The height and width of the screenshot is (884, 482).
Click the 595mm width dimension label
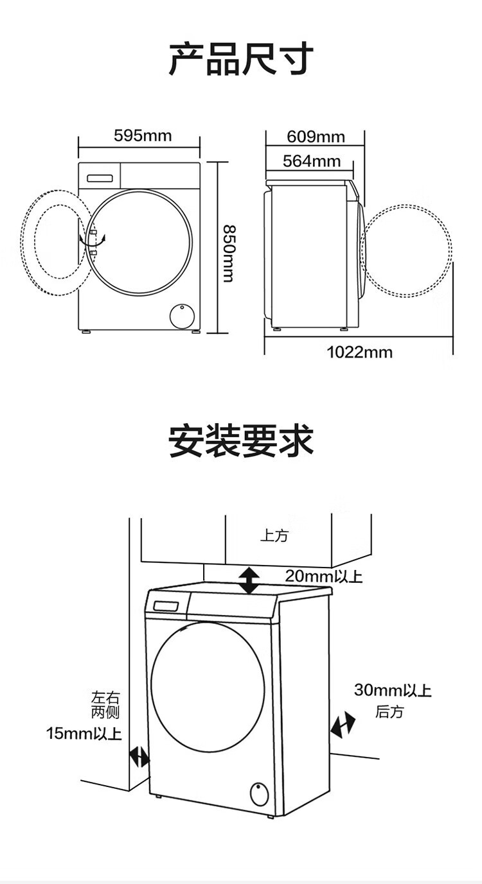143,135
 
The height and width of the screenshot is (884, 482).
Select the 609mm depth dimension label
316,137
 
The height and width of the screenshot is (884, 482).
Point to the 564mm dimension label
311,161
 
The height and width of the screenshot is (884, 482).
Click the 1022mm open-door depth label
359,352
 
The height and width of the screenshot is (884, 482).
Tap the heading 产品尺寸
241,60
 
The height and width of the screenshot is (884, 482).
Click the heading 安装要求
241,441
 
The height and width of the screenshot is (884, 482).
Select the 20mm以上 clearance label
323,576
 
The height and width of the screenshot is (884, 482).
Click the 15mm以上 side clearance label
84,733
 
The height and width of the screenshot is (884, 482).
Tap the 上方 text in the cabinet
274,536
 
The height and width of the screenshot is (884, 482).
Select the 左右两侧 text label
105,704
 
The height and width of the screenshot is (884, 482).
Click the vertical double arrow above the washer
249,580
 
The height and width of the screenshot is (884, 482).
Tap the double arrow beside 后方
343,725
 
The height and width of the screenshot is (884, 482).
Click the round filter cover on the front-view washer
182,315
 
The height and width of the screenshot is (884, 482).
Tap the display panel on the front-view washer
100,178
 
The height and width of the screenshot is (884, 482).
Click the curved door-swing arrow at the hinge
93,239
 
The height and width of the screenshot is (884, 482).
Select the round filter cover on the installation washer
259,794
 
